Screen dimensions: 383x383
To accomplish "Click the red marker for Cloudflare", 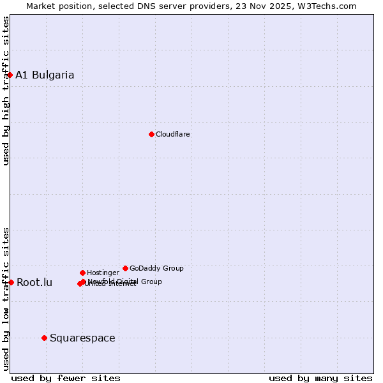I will [x=151, y=134].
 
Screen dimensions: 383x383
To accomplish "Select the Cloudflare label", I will [x=173, y=134].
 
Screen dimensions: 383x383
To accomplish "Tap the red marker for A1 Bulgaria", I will [x=10, y=75].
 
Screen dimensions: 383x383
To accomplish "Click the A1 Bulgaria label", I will [x=45, y=75].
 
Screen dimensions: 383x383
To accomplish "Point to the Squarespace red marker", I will [x=44, y=338].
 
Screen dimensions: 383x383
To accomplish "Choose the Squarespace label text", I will [x=82, y=338].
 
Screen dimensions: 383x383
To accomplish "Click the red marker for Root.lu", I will [x=11, y=282].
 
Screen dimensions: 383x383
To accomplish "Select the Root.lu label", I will [x=34, y=282].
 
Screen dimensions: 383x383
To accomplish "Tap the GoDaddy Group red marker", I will [x=125, y=268].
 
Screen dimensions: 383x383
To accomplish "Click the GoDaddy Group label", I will [x=156, y=268].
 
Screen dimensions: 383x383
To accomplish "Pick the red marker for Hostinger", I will [x=82, y=273].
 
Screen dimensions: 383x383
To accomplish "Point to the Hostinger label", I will [x=103, y=273].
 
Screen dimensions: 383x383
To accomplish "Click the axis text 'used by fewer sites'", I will [x=66, y=378].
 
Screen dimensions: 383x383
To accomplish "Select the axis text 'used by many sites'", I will [x=320, y=378].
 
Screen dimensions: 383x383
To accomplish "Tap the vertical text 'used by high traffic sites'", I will [x=6, y=91].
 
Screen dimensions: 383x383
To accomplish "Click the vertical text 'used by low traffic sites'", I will [x=6, y=298].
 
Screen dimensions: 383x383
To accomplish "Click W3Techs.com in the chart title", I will [x=329, y=6].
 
